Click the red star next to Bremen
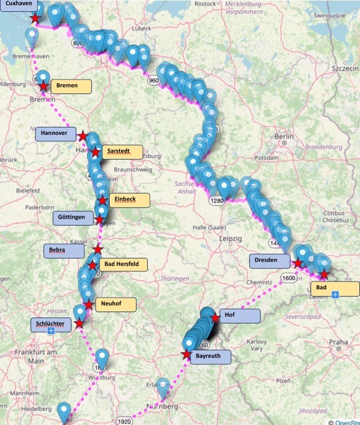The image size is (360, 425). [x=44, y=86]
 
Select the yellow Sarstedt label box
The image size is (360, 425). [x=122, y=152]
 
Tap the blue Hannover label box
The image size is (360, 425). [x=55, y=134]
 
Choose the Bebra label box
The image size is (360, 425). [x=64, y=250]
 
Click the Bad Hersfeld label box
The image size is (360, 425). [x=123, y=264]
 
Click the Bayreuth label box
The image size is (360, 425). [x=210, y=357]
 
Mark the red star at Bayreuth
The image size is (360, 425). [x=186, y=355]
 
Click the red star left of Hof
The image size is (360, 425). [x=215, y=318]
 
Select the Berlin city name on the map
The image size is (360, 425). [x=283, y=136]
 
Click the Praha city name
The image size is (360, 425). [x=339, y=342]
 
